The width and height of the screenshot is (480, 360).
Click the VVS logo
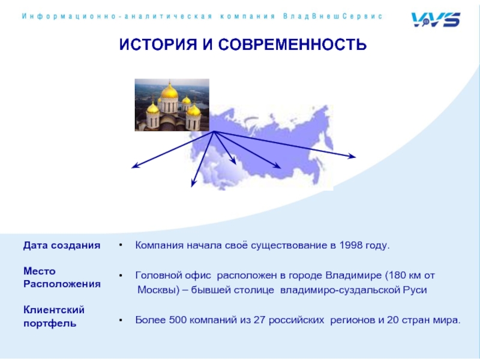[436, 20]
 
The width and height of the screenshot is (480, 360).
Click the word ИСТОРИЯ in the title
[158, 44]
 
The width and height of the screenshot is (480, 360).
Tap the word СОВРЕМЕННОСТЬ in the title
[292, 44]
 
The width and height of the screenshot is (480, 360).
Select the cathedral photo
[172, 105]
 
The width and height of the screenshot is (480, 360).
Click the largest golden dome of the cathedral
[169, 91]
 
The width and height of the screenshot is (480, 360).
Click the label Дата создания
[62, 245]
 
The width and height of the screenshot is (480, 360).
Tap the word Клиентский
[54, 310]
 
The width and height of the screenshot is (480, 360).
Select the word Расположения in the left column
[62, 284]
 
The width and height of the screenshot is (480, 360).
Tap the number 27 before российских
[260, 320]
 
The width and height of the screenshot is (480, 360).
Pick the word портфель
[50, 323]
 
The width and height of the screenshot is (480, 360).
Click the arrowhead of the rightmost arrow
[352, 157]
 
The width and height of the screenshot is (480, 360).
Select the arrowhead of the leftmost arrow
[136, 166]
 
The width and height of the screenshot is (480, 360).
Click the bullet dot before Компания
[121, 245]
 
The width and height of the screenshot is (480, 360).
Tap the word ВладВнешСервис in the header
[333, 16]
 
